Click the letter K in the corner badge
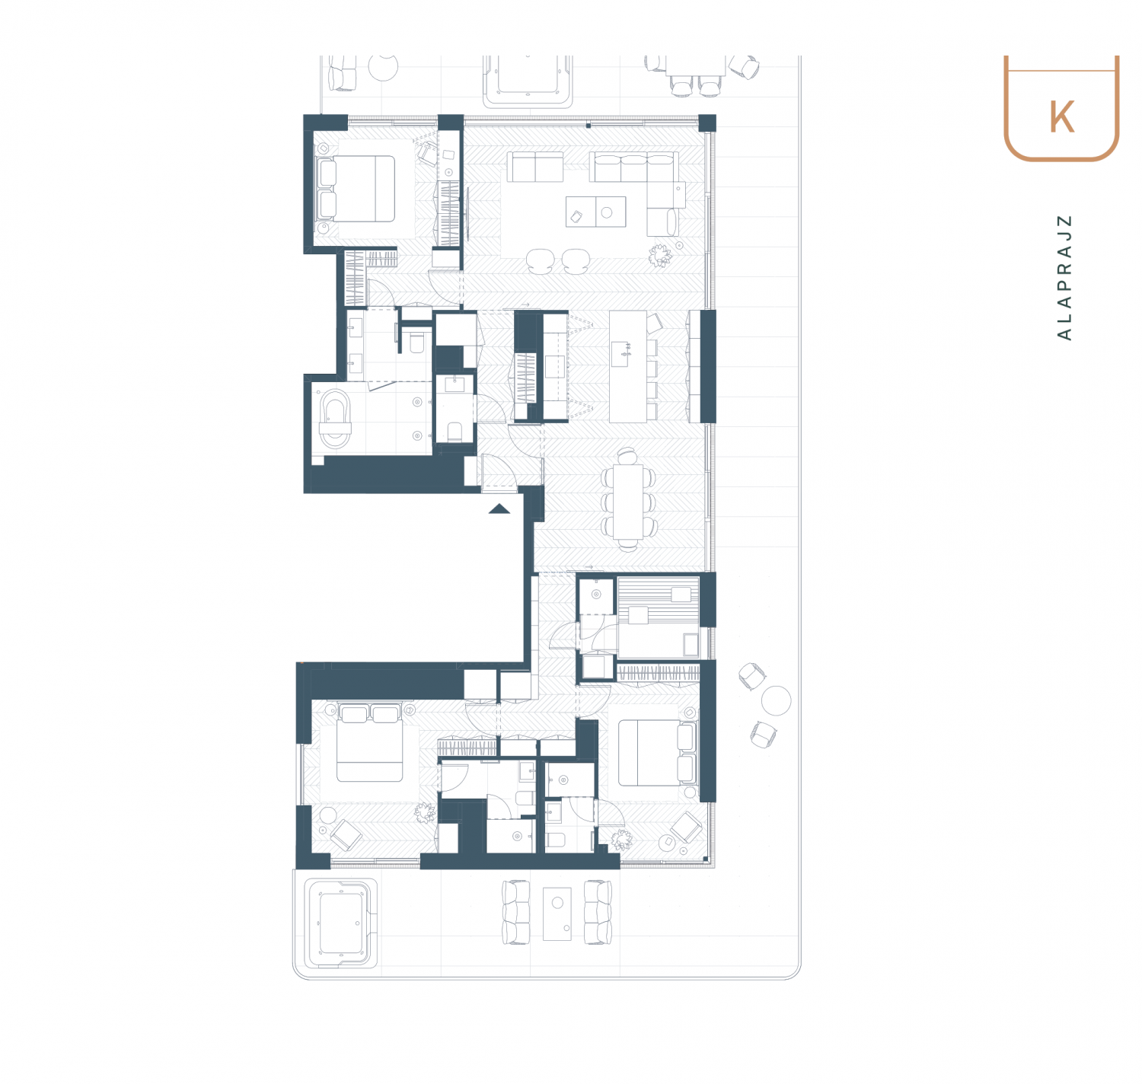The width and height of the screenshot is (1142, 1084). (x=1061, y=117)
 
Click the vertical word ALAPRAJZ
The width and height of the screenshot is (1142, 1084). (x=1064, y=277)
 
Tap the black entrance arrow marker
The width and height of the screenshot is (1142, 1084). (x=499, y=509)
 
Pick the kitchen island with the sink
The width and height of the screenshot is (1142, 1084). (x=627, y=367)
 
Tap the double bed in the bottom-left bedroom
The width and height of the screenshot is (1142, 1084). (x=369, y=742)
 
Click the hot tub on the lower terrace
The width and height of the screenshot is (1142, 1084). (x=340, y=923)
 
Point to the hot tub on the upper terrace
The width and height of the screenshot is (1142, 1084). (x=528, y=81)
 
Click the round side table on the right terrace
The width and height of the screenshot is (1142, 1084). (x=776, y=700)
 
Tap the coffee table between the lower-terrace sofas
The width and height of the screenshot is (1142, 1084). (x=557, y=913)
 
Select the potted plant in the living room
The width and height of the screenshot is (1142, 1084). (x=660, y=255)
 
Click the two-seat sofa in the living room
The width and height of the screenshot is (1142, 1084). (x=535, y=167)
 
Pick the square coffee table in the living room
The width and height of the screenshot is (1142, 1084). (x=596, y=212)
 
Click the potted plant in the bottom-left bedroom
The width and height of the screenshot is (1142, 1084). (x=425, y=812)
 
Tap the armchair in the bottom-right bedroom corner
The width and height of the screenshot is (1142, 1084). (x=685, y=827)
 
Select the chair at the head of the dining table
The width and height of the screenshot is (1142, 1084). (x=627, y=456)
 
